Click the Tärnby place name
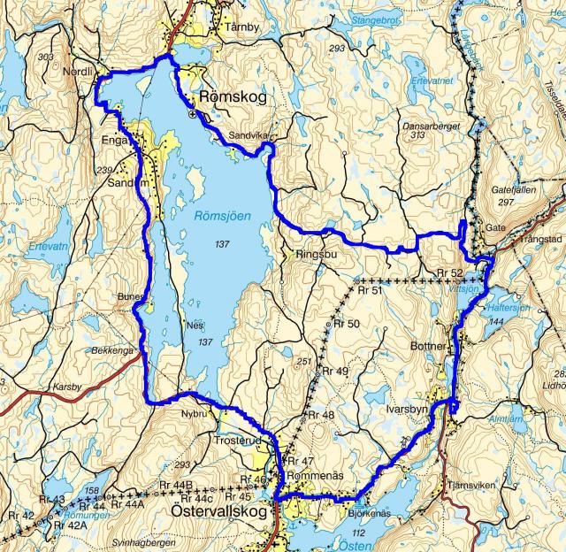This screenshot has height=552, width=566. [x=242, y=27]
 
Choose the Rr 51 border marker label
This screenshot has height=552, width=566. [x=370, y=290]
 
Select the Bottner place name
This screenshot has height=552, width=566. [x=429, y=347]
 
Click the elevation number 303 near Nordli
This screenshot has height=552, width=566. [x=46, y=57]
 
